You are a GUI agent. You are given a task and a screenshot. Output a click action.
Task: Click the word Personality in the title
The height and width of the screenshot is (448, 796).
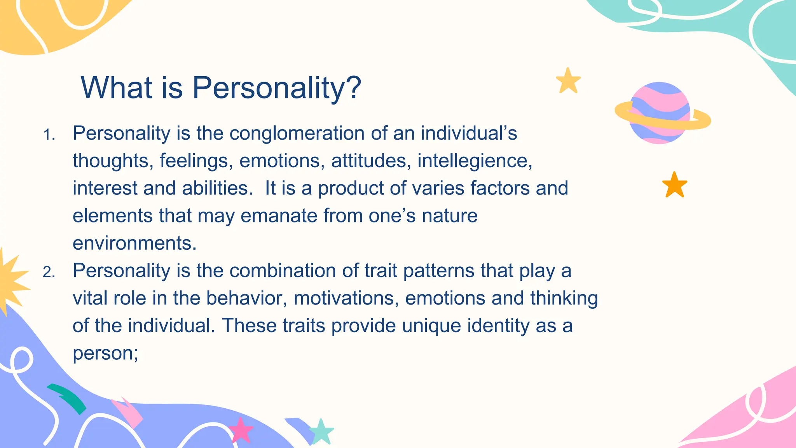pyautogui.click(x=268, y=88)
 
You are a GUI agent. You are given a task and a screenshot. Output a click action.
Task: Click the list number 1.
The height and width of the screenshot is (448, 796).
pyautogui.click(x=49, y=135)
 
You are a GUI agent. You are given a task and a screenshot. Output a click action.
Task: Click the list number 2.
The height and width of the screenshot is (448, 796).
pyautogui.click(x=49, y=272)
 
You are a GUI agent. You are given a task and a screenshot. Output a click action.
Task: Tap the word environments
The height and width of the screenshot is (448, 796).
pyautogui.click(x=134, y=243)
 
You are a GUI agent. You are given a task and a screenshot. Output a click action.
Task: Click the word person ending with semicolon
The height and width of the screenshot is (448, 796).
pyautogui.click(x=105, y=353)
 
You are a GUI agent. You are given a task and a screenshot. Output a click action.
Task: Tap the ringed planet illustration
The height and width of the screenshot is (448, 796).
pyautogui.click(x=660, y=113)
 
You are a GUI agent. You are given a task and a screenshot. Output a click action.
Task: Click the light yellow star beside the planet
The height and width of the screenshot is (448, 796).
pyautogui.click(x=568, y=81)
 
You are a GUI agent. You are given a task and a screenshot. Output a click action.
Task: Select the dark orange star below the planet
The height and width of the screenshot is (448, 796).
pyautogui.click(x=674, y=185)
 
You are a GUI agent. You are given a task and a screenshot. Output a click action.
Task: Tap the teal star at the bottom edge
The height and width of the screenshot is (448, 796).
pyautogui.click(x=321, y=432)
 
